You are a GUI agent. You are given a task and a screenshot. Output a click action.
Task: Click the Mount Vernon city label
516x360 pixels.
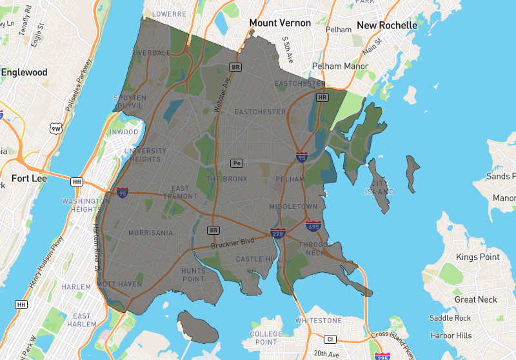coord(280,23)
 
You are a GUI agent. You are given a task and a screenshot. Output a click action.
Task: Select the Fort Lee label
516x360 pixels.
coord(26,177)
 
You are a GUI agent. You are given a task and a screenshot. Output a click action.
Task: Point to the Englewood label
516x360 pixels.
coord(25,72)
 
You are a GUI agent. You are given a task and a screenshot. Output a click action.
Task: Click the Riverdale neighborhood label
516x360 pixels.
coord(150,53)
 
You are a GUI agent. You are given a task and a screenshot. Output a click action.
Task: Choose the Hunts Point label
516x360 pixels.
coord(193,275)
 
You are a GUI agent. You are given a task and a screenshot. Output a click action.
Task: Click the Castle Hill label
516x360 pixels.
coord(259,259)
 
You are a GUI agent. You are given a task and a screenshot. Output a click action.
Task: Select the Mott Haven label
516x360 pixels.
coord(119,284)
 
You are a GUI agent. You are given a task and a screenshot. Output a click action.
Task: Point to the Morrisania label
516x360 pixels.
coord(150,233)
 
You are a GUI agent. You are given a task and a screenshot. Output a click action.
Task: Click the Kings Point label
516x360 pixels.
coord(477,257)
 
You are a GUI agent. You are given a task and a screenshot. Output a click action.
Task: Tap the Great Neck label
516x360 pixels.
coord(476,299)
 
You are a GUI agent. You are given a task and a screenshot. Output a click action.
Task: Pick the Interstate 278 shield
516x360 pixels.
coord(277,233)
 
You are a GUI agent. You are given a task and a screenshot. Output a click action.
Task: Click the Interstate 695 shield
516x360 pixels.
coord(313,226)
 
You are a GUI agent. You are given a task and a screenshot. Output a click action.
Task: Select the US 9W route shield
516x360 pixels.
coord(56,130)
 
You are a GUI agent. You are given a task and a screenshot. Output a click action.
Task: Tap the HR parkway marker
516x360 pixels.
coord(322,97)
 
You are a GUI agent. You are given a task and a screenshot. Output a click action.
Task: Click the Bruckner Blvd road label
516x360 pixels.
coord(233,243)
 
